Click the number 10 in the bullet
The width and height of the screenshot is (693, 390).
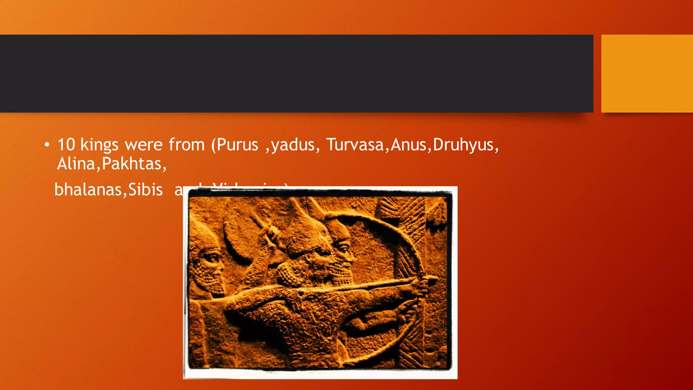tap(66, 145)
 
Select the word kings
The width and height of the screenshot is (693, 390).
tap(99, 145)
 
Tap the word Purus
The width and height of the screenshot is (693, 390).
tap(237, 145)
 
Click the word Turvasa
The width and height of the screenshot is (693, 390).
tap(355, 145)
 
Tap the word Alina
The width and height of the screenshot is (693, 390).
tap(76, 164)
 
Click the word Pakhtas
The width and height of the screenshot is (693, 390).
tap(132, 164)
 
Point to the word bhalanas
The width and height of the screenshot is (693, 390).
tap(88, 190)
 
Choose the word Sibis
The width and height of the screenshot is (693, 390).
tap(146, 190)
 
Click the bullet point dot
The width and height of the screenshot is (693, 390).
tap(47, 145)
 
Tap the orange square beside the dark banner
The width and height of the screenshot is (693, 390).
tap(647, 73)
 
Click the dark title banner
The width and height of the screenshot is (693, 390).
tap(296, 73)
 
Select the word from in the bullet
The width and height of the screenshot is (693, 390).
tap(187, 145)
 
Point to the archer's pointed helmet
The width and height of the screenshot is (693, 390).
tap(305, 227)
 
